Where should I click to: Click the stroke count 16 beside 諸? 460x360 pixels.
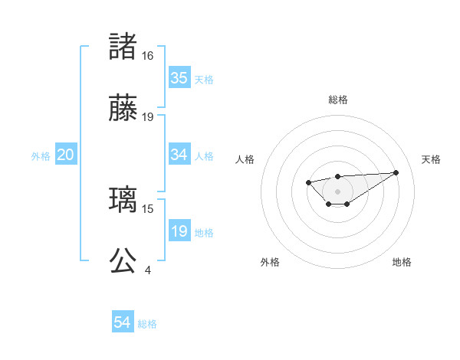pyautogui.click(x=148, y=56)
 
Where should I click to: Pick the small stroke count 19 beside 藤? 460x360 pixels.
pyautogui.click(x=148, y=117)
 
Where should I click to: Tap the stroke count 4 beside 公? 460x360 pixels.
pyautogui.click(x=148, y=270)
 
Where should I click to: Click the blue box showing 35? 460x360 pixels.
pyautogui.click(x=179, y=78)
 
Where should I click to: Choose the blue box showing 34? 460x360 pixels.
pyautogui.click(x=179, y=155)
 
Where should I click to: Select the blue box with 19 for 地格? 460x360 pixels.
pyautogui.click(x=179, y=231)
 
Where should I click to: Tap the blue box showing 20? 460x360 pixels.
pyautogui.click(x=66, y=155)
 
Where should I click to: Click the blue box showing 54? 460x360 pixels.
pyautogui.click(x=123, y=322)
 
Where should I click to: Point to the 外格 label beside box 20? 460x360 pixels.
pyautogui.click(x=41, y=156)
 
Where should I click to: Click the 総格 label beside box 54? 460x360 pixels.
pyautogui.click(x=147, y=324)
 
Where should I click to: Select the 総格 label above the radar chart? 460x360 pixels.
pyautogui.click(x=338, y=100)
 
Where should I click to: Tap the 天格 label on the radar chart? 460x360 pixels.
pyautogui.click(x=432, y=159)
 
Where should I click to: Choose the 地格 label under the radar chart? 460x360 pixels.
pyautogui.click(x=402, y=262)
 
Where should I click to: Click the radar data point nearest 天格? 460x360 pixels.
pyautogui.click(x=396, y=172)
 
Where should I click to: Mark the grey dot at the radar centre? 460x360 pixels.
pyautogui.click(x=338, y=191)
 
